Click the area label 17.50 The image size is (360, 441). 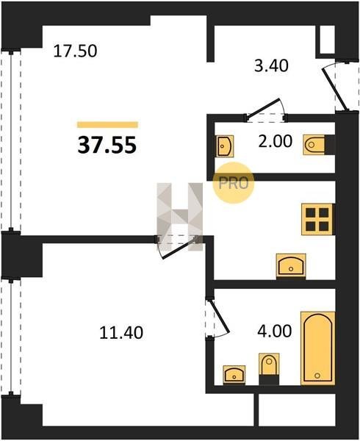(75, 51)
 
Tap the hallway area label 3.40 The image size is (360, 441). (271, 66)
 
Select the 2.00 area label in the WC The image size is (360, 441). (275, 141)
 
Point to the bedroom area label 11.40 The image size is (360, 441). (121, 332)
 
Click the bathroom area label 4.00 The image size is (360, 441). (275, 331)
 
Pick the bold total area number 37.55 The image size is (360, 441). (107, 145)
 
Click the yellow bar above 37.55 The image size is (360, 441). (108, 125)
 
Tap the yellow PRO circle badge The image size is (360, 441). (233, 183)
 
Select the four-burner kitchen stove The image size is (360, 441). (317, 219)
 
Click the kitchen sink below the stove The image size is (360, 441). (291, 265)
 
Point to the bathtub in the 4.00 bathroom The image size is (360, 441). (318, 348)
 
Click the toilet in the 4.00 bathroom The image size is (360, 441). (269, 368)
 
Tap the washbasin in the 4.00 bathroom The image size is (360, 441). (234, 375)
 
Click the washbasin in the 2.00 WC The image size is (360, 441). (225, 146)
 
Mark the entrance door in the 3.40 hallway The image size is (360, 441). (334, 87)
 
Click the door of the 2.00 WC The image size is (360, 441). (265, 110)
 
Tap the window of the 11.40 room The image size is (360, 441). (11, 337)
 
